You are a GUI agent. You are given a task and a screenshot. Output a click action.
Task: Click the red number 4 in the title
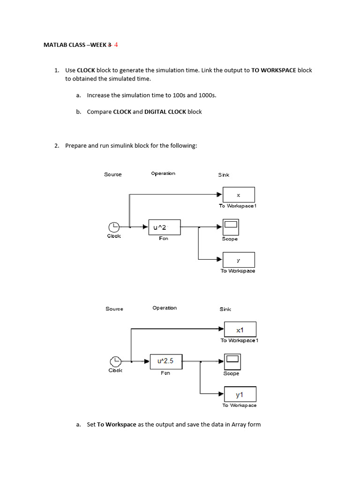tap(116, 45)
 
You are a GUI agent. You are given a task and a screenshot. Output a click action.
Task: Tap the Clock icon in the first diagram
tap(114, 227)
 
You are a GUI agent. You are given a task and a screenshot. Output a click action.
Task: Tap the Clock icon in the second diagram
tap(115, 361)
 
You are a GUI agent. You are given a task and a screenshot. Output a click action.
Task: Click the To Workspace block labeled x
tap(239, 195)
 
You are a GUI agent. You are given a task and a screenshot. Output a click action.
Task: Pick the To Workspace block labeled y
tap(239, 260)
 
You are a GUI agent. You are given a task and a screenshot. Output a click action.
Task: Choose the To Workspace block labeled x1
tap(240, 330)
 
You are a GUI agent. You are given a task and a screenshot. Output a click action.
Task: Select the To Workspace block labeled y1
tap(240, 394)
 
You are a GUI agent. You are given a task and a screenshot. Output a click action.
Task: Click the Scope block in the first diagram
tap(231, 227)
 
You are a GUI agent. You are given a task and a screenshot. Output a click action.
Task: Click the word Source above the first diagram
tap(113, 174)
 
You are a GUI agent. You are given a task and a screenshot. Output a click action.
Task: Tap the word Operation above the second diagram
tap(165, 308)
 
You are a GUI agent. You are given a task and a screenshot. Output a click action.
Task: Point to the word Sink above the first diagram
tap(224, 175)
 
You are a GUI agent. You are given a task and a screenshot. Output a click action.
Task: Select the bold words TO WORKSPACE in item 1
tap(274, 70)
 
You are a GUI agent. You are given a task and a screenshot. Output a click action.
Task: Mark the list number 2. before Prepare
tap(56, 146)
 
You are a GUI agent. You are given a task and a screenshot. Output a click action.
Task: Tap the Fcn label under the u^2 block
tap(163, 239)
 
